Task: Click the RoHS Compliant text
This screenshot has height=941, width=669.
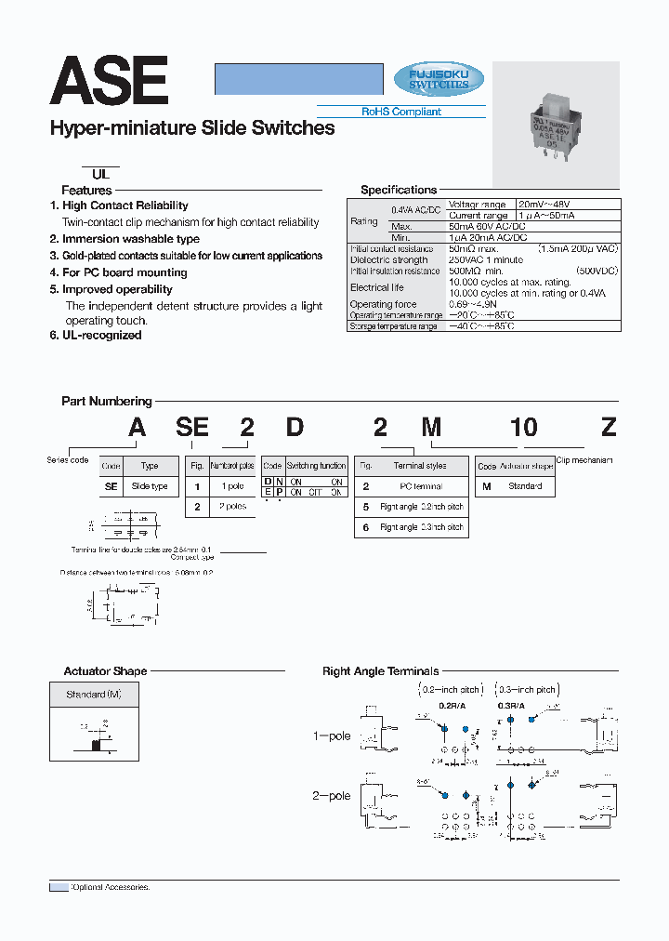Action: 401,112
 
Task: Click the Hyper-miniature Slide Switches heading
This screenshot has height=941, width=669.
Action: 191,129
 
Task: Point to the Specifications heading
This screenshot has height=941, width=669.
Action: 399,190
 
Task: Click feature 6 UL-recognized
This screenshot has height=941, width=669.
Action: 96,335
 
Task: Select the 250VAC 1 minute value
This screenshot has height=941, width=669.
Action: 481,259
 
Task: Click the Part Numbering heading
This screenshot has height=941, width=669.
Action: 106,402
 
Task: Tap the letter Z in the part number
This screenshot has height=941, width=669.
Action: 609,427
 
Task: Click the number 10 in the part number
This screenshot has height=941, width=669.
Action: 523,427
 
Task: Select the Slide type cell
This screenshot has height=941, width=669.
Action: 150,486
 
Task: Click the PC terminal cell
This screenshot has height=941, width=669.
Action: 421,486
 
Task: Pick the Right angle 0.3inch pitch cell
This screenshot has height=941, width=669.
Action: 421,527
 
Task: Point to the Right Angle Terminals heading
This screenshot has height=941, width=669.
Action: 380,671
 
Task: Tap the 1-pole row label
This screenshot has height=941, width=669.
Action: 331,736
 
